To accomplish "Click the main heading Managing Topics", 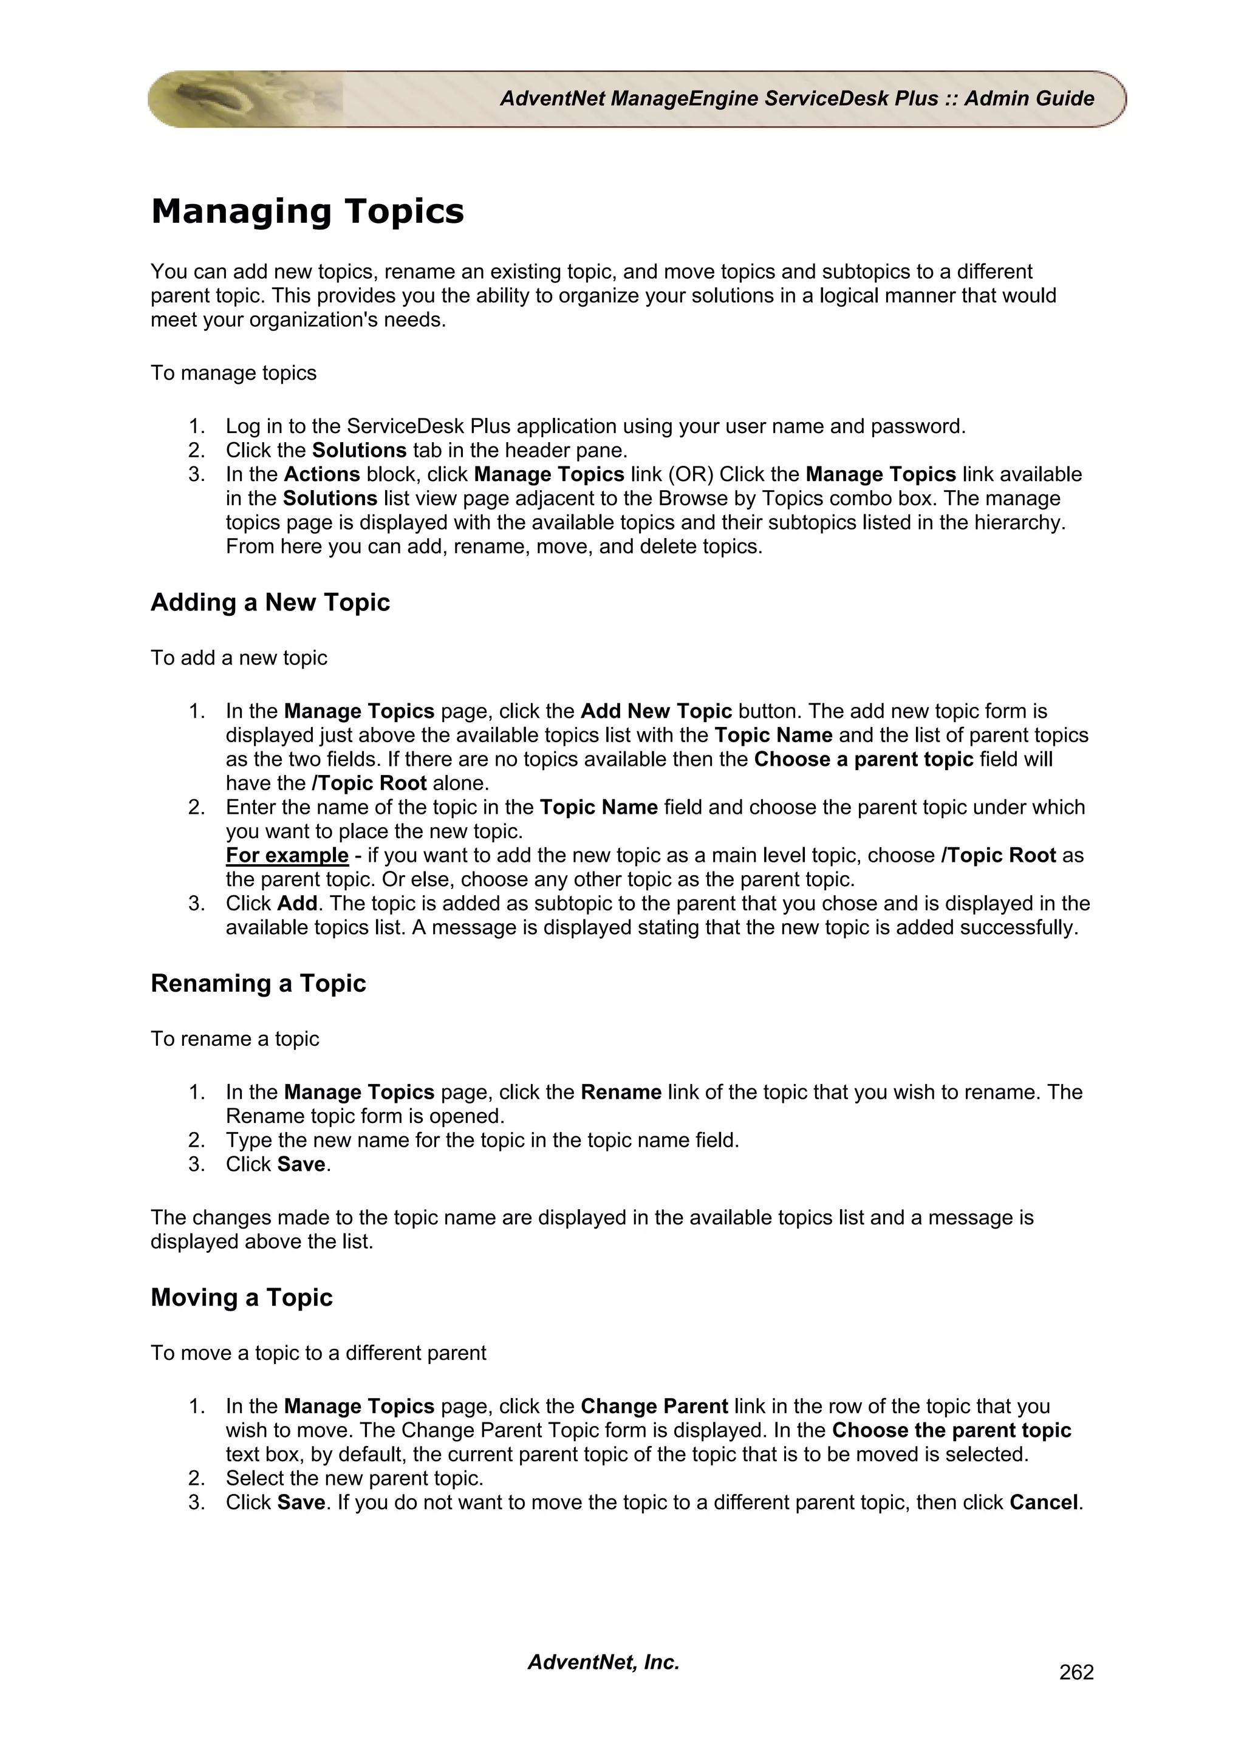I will point(307,211).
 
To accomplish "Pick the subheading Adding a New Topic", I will point(270,602).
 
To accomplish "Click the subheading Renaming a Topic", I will point(258,983).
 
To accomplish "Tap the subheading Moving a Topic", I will point(241,1298).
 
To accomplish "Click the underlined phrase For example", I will point(287,856).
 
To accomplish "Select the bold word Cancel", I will point(1043,1502).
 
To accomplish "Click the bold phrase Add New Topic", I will point(656,711).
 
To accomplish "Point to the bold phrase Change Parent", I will point(654,1407).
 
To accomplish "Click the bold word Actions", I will point(322,474).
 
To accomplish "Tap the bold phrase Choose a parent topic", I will point(863,760).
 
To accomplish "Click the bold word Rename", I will point(621,1093).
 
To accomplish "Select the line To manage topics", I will point(233,373).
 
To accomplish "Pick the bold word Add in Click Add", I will point(298,904).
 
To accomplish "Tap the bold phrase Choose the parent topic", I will point(951,1430).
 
